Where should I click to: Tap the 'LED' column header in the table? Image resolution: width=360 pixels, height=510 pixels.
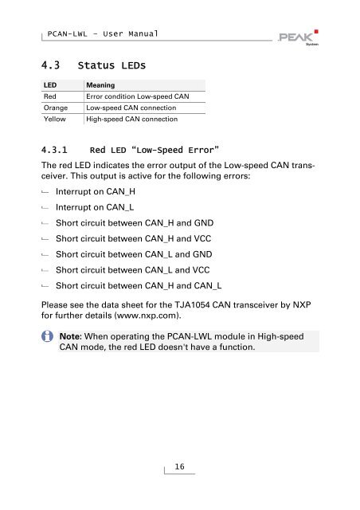[x=49, y=84]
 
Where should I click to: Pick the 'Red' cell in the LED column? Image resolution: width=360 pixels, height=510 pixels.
[x=50, y=96]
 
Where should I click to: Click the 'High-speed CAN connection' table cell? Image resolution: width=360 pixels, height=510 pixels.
[x=131, y=120]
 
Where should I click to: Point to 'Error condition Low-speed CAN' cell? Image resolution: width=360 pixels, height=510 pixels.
[x=137, y=96]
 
